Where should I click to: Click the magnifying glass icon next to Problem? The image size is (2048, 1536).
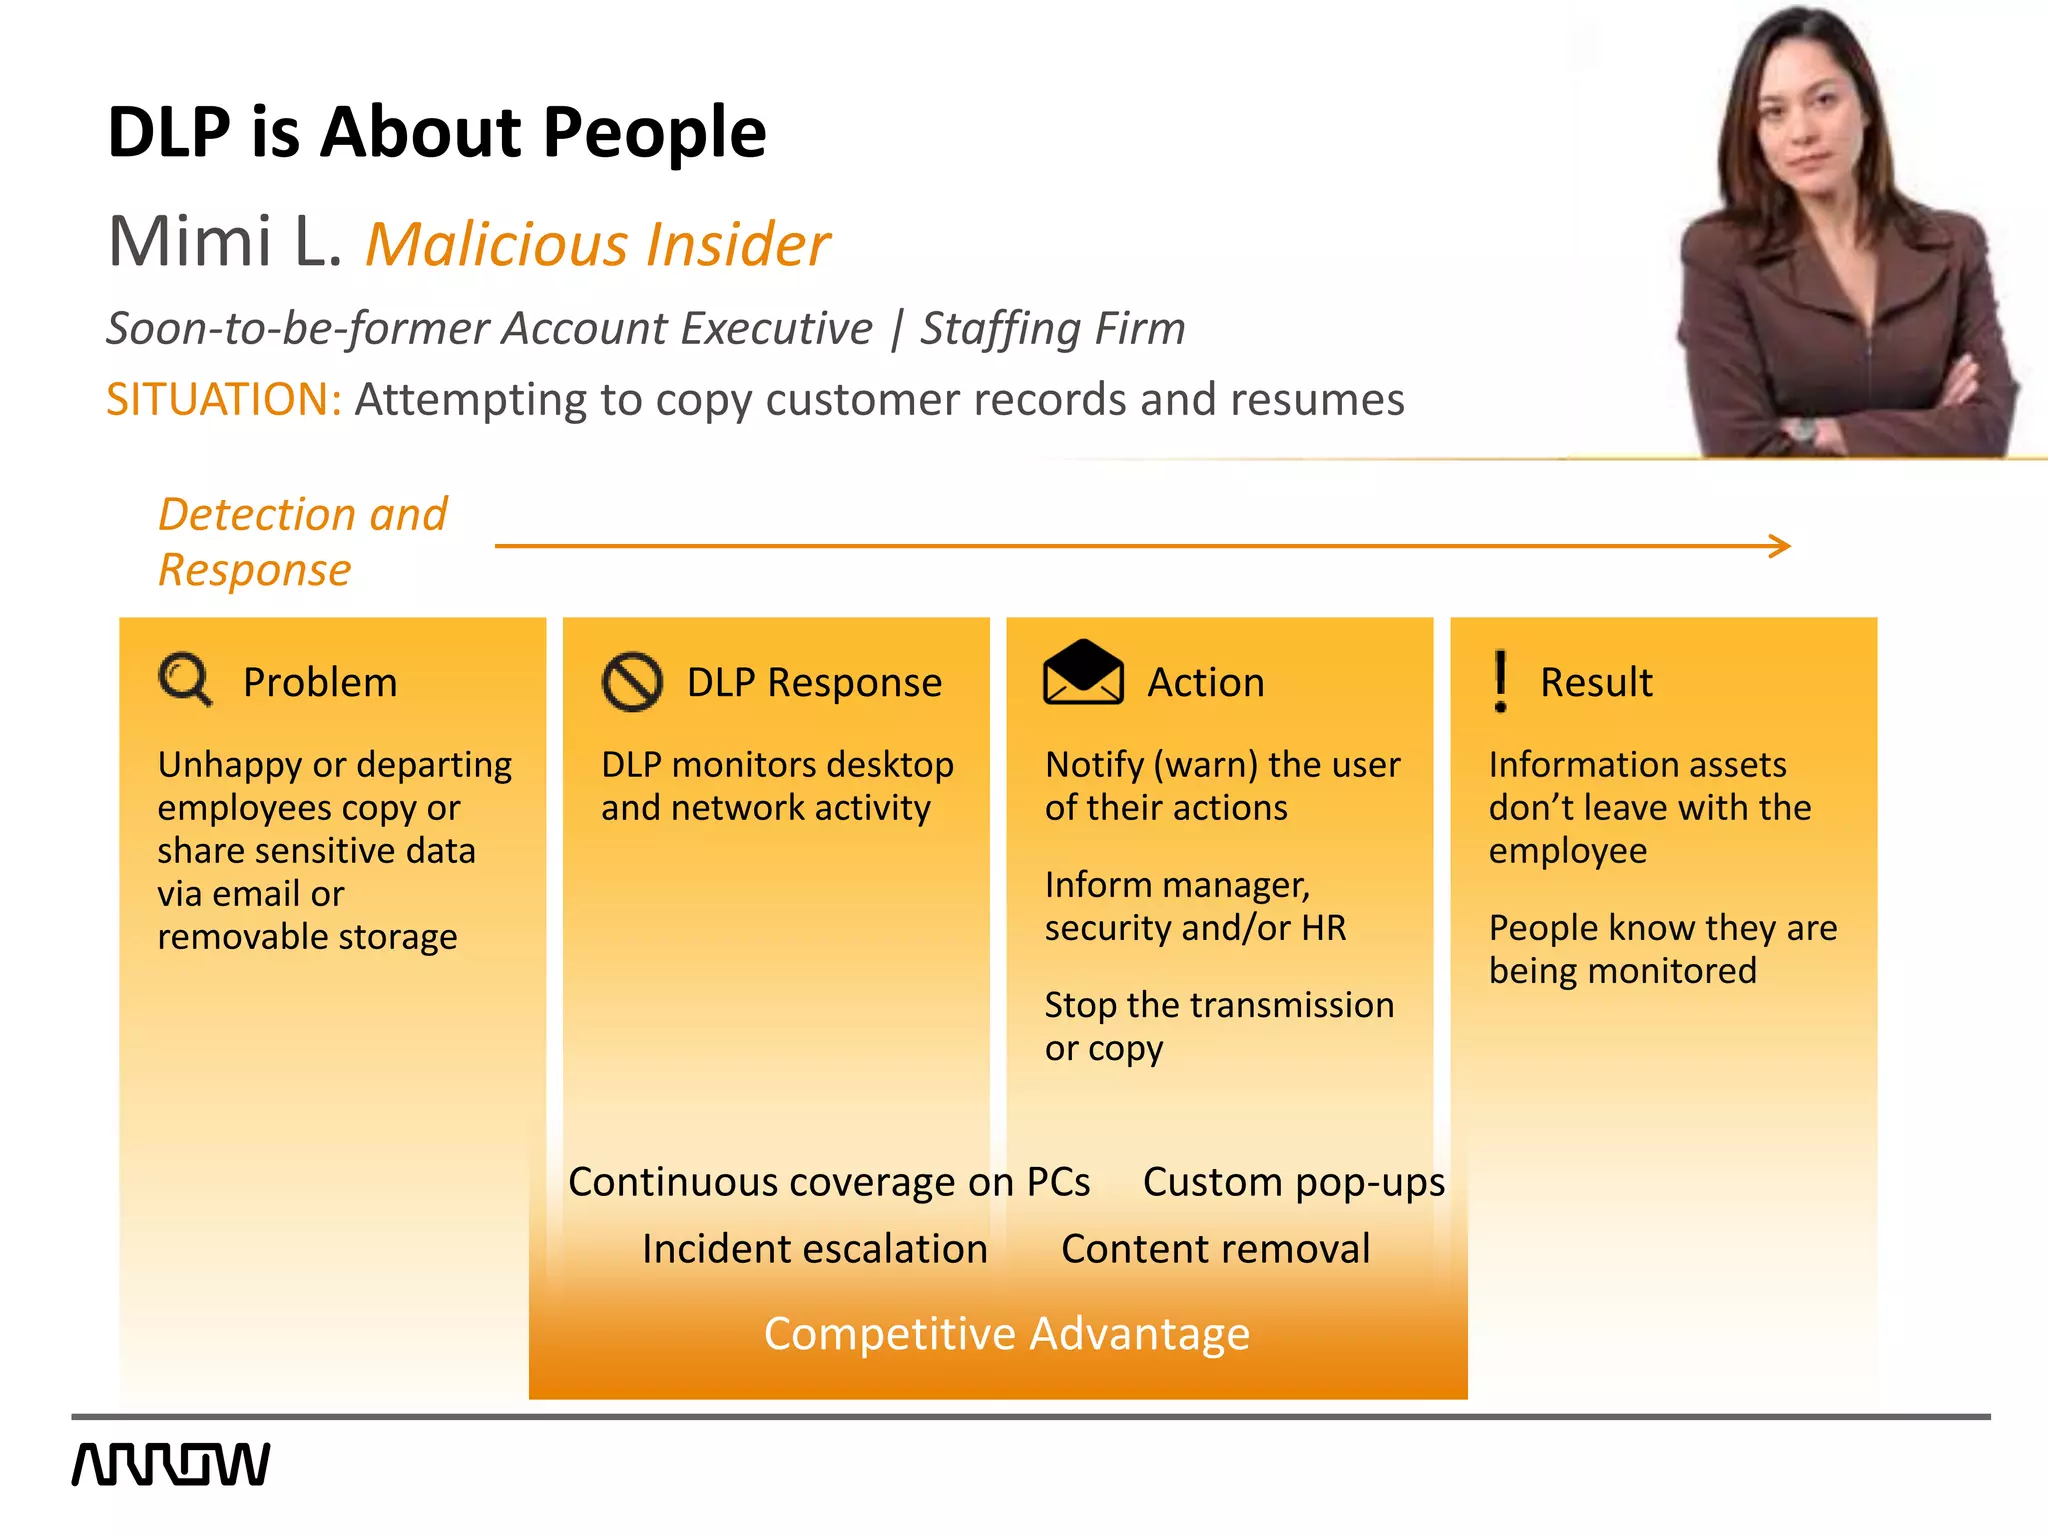click(x=185, y=680)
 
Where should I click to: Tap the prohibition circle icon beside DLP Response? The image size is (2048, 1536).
click(x=632, y=682)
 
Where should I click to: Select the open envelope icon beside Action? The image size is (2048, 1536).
click(x=1083, y=673)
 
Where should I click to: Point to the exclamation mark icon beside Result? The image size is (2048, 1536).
click(x=1500, y=681)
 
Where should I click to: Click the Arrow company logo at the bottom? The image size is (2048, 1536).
click(x=171, y=1464)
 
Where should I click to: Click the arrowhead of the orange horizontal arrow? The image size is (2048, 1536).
click(x=1779, y=546)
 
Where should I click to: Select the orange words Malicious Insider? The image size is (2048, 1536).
click(x=597, y=244)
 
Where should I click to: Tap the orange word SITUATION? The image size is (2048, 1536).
click(x=224, y=399)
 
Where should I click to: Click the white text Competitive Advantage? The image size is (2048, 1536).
click(x=1006, y=1333)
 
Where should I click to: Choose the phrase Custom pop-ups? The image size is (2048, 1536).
click(x=1293, y=1182)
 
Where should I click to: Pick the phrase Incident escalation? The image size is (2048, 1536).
click(x=814, y=1249)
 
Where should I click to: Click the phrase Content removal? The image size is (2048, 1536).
click(x=1215, y=1249)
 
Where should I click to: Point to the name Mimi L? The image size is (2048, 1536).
click(x=224, y=242)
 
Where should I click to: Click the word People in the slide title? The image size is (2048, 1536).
click(x=654, y=133)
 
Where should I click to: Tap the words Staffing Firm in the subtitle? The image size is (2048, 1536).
click(x=1052, y=328)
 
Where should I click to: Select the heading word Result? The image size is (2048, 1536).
click(x=1595, y=682)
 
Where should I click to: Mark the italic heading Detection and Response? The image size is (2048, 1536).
click(x=302, y=542)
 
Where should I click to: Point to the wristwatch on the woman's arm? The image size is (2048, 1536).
click(x=1803, y=431)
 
